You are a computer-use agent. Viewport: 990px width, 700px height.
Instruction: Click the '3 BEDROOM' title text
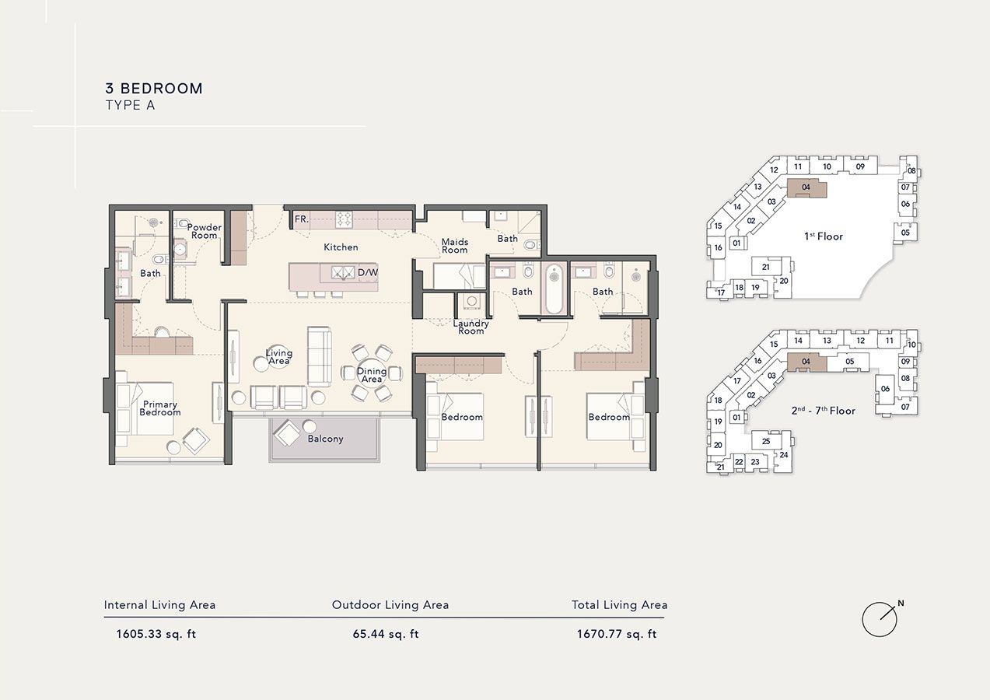[x=154, y=89]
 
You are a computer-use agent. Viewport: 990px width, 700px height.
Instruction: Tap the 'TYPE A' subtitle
[x=130, y=106]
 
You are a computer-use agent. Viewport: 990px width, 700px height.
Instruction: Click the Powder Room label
[x=204, y=231]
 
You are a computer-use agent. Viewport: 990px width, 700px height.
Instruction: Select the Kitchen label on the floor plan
[x=341, y=247]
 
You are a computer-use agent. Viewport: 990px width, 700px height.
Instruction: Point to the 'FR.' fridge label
[x=302, y=220]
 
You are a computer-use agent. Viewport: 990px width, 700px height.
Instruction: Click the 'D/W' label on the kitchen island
[x=367, y=273]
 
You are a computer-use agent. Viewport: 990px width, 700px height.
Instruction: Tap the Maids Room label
[x=455, y=246]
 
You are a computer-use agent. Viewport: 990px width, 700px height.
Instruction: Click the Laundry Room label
[x=471, y=327]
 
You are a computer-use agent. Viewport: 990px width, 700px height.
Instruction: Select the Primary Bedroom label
[x=160, y=408]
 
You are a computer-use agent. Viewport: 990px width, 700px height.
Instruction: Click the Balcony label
[x=325, y=439]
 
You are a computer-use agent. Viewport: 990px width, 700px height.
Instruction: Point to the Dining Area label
[x=372, y=375]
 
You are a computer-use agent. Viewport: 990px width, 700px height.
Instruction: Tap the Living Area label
[x=278, y=356]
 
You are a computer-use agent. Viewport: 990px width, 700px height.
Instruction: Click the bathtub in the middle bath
[x=553, y=289]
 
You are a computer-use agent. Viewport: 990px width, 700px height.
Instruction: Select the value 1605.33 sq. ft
[x=156, y=634]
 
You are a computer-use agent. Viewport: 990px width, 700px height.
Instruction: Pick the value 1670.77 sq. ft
[x=617, y=634]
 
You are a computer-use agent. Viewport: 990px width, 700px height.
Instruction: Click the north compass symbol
[x=880, y=619]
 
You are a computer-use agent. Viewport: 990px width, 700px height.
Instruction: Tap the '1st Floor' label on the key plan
[x=824, y=236]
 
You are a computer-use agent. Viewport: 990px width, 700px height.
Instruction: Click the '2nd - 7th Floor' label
[x=823, y=411]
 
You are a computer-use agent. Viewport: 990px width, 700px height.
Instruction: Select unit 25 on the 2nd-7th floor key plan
[x=766, y=442]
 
